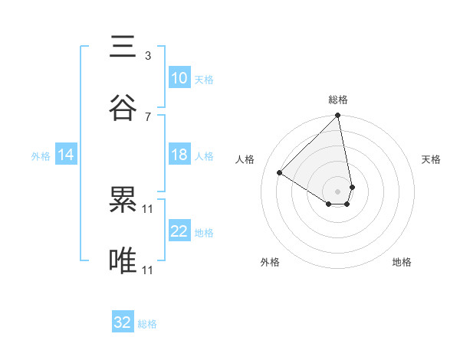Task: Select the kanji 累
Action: point(123,201)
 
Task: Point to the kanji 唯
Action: point(123,260)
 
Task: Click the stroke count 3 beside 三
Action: point(147,56)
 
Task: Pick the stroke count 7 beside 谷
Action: point(147,116)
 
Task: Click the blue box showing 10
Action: point(179,78)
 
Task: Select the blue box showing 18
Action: point(179,155)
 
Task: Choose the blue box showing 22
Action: point(179,231)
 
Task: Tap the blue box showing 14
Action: point(66,155)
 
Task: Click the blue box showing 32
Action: point(123,322)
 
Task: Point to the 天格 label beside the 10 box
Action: point(204,79)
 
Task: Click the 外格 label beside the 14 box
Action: point(41,155)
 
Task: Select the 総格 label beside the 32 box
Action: point(147,324)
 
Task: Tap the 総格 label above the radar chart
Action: point(338,100)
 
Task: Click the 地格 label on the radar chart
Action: point(402,262)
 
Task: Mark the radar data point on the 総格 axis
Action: point(337,116)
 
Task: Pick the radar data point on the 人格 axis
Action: point(280,172)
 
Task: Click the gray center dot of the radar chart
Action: point(337,191)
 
